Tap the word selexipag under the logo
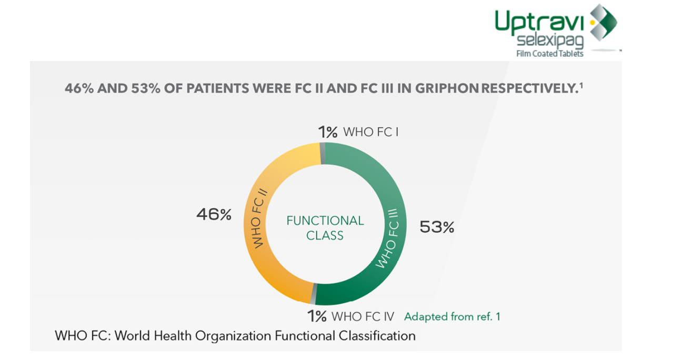pos(550,41)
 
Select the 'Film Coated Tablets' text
pos(550,54)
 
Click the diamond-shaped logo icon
pos(604,23)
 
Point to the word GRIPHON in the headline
pos(447,88)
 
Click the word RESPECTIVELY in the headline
pos(530,88)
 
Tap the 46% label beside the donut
pos(214,215)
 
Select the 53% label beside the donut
pos(437,227)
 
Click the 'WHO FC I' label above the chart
pos(371,132)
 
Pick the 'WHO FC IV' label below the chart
pos(363,317)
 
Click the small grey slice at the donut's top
pos(323,154)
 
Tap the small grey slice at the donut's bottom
pos(314,294)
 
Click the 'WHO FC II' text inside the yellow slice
pos(258,219)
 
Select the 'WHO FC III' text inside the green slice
pos(388,238)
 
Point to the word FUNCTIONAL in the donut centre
pos(325,221)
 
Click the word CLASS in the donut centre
pos(325,236)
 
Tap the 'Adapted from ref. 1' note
pos(452,317)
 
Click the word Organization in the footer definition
pos(233,336)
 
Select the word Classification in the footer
pos(377,336)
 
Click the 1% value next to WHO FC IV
pos(317,316)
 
